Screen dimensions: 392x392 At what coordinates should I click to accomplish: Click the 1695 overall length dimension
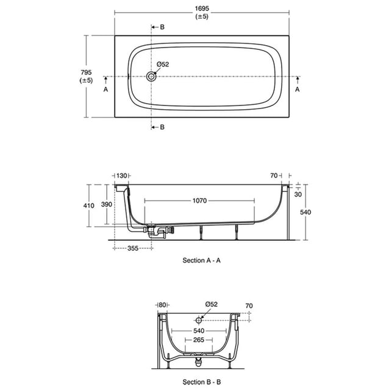click(x=202, y=9)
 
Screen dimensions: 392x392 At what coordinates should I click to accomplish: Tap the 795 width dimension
click(x=86, y=73)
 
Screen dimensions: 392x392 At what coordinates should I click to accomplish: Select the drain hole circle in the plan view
click(x=151, y=76)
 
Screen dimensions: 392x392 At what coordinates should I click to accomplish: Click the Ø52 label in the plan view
click(x=163, y=64)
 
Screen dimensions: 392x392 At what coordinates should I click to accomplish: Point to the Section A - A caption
click(x=202, y=260)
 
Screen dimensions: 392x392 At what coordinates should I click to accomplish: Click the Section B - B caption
click(x=202, y=382)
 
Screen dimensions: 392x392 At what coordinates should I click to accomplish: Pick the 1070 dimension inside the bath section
click(x=199, y=201)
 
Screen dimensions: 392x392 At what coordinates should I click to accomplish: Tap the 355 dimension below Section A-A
click(x=133, y=248)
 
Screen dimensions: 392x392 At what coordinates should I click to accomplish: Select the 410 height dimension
click(x=89, y=205)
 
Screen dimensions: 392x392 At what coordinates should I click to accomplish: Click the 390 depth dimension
click(x=107, y=204)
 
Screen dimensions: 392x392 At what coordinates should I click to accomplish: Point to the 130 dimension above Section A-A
click(x=122, y=176)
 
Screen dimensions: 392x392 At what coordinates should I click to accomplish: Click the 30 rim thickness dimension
click(x=298, y=194)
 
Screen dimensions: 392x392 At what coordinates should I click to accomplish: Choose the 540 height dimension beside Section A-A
click(x=305, y=212)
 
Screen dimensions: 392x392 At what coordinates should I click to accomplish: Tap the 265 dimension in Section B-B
click(x=199, y=340)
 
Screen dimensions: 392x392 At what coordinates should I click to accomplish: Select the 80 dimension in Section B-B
click(x=163, y=305)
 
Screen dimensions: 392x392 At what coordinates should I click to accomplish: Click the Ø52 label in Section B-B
click(x=212, y=304)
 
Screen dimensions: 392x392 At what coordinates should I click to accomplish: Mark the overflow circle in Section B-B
click(x=199, y=320)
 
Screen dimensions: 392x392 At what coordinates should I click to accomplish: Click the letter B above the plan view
click(x=162, y=27)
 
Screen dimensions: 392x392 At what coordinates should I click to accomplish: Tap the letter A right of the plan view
click(x=298, y=89)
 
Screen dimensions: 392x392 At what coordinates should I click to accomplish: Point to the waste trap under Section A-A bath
click(x=157, y=231)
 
